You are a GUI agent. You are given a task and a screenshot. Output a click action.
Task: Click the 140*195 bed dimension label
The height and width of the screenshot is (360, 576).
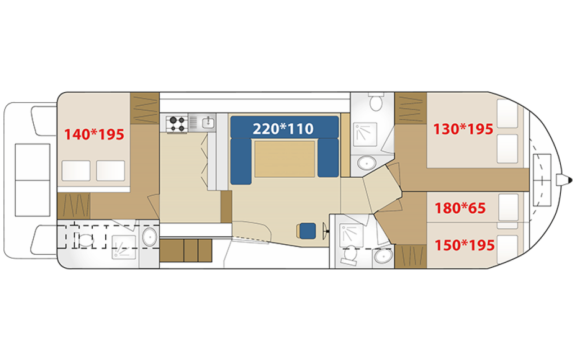pos(94,134)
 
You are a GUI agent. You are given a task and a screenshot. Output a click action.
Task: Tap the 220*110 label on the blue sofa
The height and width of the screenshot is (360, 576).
pos(283,129)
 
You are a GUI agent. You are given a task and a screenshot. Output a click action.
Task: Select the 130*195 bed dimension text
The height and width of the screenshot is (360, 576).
pos(463,129)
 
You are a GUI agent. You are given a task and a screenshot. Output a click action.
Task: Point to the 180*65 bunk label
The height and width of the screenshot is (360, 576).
pos(460,208)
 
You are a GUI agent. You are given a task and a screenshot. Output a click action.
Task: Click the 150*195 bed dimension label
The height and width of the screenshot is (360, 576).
pos(464,245)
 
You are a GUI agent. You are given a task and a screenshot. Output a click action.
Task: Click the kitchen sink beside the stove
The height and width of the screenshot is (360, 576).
pos(208,122)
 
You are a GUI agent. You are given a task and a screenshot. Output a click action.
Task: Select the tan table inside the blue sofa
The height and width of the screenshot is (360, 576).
pos(285,159)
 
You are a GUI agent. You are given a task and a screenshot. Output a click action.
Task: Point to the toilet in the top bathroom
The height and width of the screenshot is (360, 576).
pos(376,101)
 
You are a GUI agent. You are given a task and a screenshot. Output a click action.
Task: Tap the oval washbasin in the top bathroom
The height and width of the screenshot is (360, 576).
pos(367,163)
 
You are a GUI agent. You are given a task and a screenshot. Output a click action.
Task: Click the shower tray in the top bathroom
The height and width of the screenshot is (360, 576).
pos(365,134)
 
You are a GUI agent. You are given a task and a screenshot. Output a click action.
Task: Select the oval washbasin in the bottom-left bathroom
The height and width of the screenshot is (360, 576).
pos(150,237)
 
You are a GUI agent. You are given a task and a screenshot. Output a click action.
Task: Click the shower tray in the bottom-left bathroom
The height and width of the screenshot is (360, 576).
pos(124,247)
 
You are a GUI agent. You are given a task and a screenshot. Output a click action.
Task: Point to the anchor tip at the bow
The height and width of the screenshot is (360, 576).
pos(570,180)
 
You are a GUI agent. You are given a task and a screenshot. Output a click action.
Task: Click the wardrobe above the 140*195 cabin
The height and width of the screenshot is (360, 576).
pos(145,109)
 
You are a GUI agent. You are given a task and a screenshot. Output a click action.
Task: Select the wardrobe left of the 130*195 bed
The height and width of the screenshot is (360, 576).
pos(411,109)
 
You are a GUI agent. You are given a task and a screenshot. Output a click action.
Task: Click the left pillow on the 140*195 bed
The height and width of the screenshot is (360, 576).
pos(76,170)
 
